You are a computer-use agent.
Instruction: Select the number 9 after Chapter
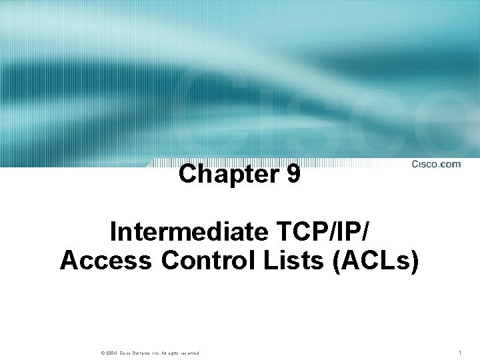click(x=293, y=175)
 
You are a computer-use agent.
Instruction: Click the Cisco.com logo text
click(x=436, y=165)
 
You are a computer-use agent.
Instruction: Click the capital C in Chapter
click(x=188, y=175)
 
